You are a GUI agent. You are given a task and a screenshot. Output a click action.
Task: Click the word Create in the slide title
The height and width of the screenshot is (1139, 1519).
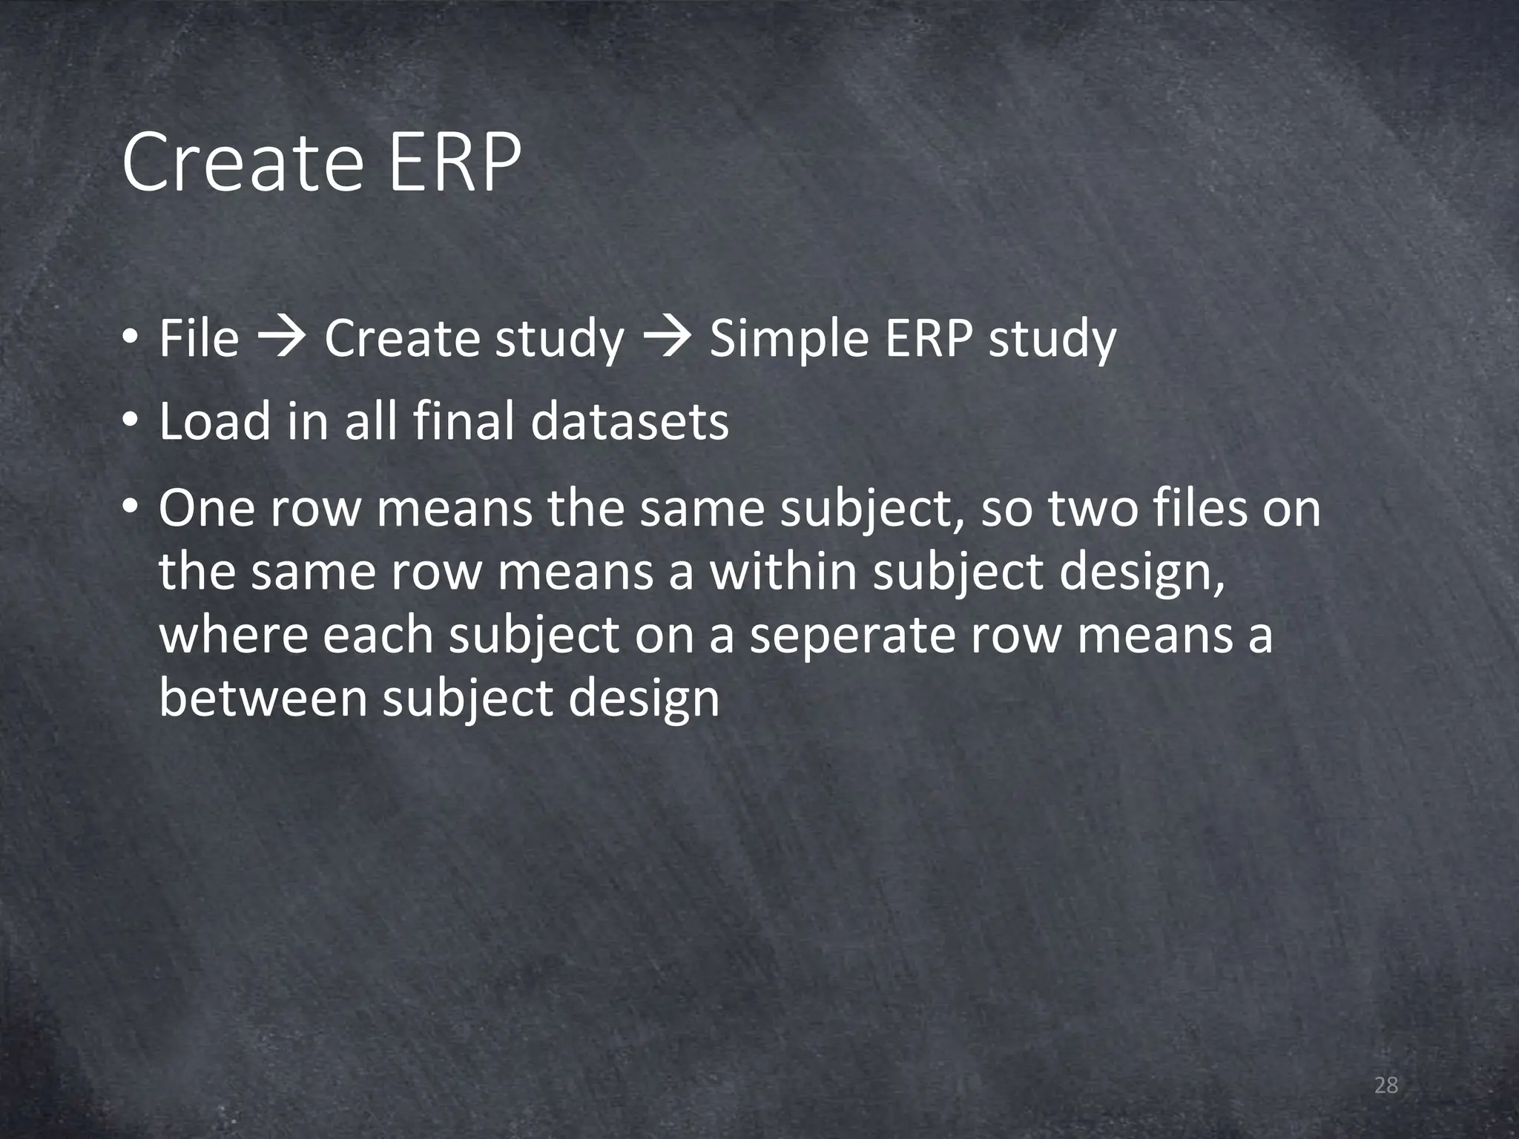click(242, 163)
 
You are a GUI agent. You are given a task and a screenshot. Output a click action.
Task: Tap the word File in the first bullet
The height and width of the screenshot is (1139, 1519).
click(199, 338)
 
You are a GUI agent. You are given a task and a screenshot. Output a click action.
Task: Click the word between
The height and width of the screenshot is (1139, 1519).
click(263, 699)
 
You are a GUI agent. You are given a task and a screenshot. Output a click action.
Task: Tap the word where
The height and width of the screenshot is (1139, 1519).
click(233, 636)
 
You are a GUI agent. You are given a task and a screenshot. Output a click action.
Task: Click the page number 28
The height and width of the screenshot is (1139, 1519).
click(1385, 1086)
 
